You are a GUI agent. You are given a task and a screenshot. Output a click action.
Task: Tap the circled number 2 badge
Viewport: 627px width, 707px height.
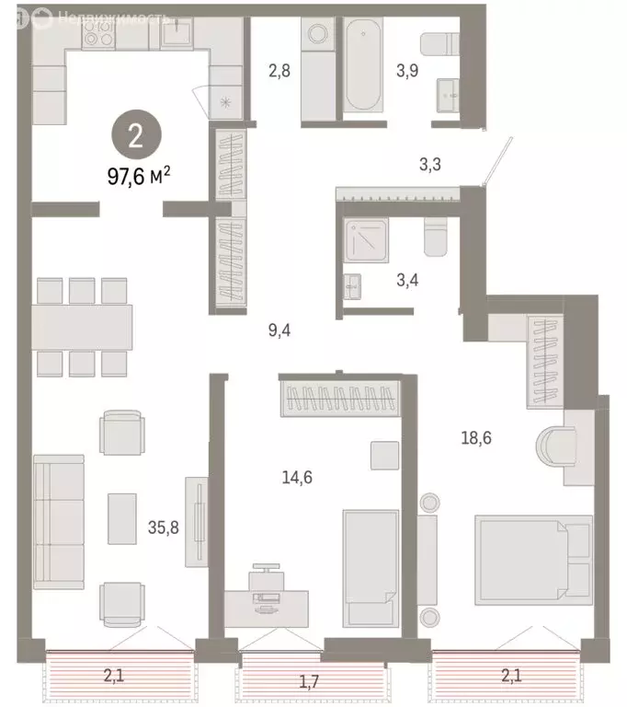click(x=135, y=137)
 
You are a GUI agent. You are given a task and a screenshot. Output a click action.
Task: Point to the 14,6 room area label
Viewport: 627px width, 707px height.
click(x=299, y=476)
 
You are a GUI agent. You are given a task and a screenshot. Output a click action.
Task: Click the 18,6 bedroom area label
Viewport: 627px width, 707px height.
click(x=475, y=438)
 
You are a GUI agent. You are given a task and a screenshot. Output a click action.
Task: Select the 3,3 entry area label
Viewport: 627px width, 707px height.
click(x=430, y=166)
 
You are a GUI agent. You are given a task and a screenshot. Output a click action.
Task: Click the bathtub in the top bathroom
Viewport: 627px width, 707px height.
click(x=366, y=70)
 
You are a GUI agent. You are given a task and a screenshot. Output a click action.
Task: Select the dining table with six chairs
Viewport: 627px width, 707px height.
click(x=82, y=326)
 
